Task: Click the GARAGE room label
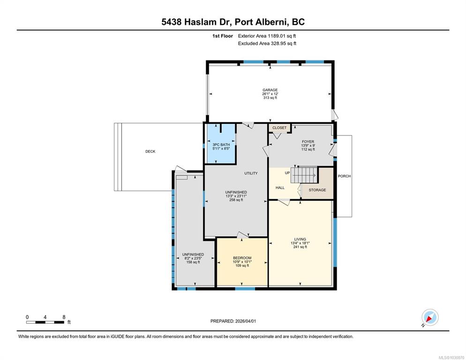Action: (270, 90)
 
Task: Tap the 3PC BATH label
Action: (221, 145)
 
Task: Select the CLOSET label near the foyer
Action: (279, 128)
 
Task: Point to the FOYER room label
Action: (308, 142)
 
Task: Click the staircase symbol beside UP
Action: (304, 175)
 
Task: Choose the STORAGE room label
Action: (317, 190)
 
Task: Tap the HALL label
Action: (280, 188)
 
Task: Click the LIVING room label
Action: (300, 240)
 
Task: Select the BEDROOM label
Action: (242, 258)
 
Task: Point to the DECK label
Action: (150, 151)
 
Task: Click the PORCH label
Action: (344, 176)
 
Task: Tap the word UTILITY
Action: (251, 173)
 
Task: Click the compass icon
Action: (430, 317)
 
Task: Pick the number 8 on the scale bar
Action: (64, 317)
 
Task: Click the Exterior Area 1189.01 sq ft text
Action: (267, 36)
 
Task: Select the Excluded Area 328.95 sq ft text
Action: (267, 44)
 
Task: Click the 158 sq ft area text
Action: (193, 262)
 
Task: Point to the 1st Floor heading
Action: (223, 36)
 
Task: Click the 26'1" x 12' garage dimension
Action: (270, 94)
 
